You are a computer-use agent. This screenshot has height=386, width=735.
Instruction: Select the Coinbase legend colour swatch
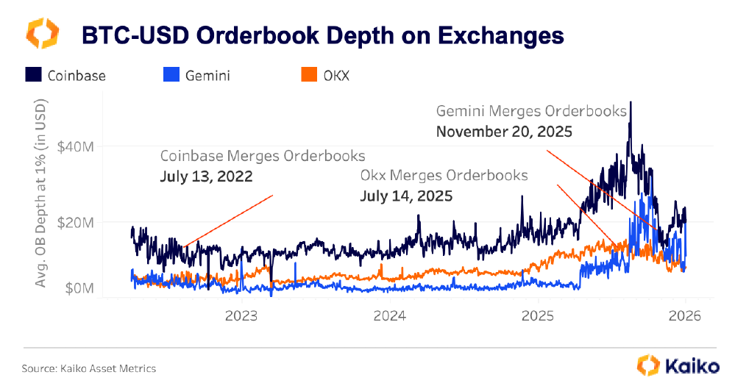(x=34, y=74)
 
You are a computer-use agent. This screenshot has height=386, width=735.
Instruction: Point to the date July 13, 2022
(x=207, y=176)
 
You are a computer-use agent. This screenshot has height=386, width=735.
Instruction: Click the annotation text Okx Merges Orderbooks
(x=444, y=176)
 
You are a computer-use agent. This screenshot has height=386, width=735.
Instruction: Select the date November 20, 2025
(x=504, y=132)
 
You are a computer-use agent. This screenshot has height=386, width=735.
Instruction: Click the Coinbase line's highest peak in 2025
(x=631, y=103)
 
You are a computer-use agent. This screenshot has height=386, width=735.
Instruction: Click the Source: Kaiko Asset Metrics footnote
(x=89, y=368)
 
